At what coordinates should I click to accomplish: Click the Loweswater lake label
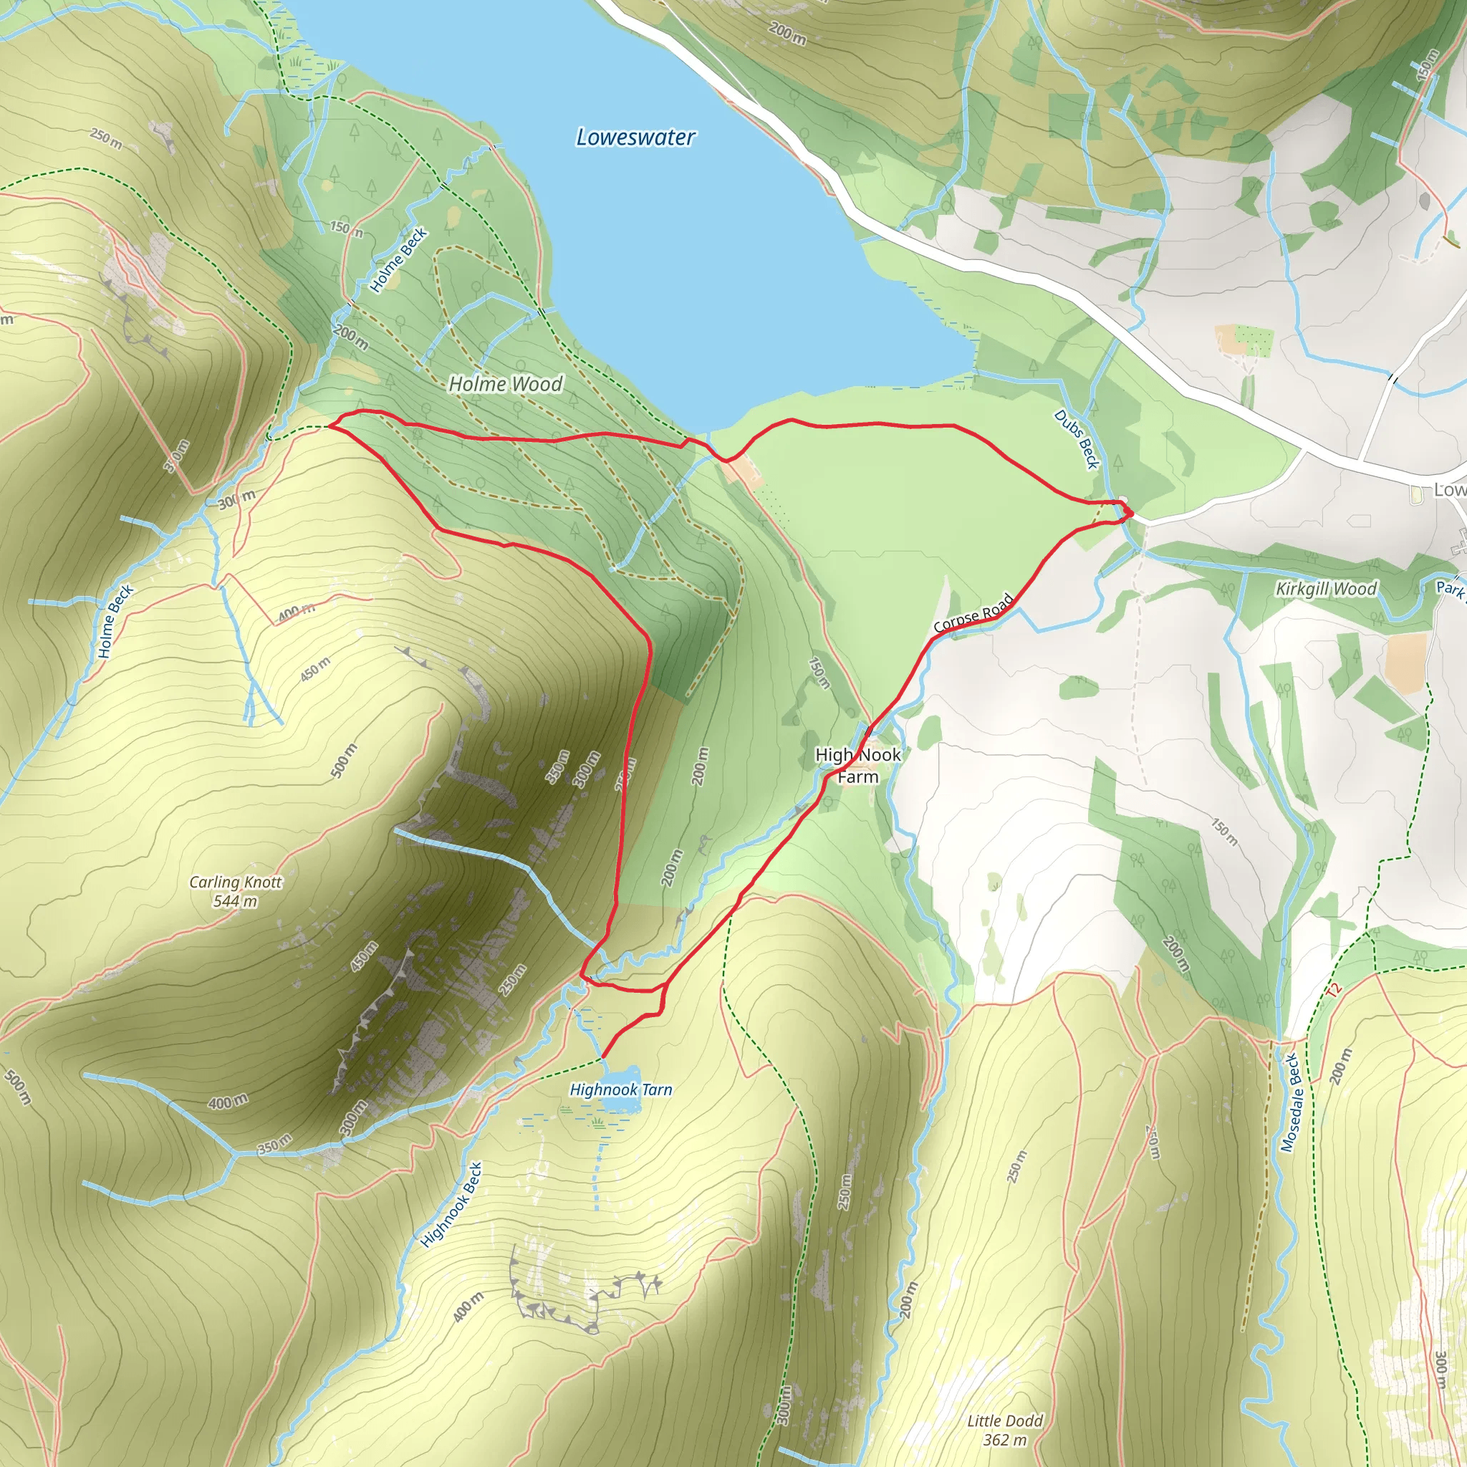(635, 138)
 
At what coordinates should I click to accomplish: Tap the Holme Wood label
(506, 384)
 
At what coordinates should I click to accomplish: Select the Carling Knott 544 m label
(236, 891)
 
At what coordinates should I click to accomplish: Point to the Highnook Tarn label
(621, 1090)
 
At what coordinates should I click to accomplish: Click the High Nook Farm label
(858, 766)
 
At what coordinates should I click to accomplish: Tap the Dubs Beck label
(1077, 439)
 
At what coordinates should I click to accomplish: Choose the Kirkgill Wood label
(1326, 589)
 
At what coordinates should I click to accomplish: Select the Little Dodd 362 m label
(1004, 1430)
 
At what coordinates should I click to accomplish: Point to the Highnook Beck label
(452, 1205)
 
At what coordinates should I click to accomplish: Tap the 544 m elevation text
(236, 901)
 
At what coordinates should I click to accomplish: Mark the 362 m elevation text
(1004, 1440)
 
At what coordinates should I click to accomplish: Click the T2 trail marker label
(1333, 990)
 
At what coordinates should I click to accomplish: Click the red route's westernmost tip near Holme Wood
(329, 426)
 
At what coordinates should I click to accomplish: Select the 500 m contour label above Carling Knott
(344, 761)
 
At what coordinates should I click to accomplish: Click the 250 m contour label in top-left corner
(105, 138)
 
